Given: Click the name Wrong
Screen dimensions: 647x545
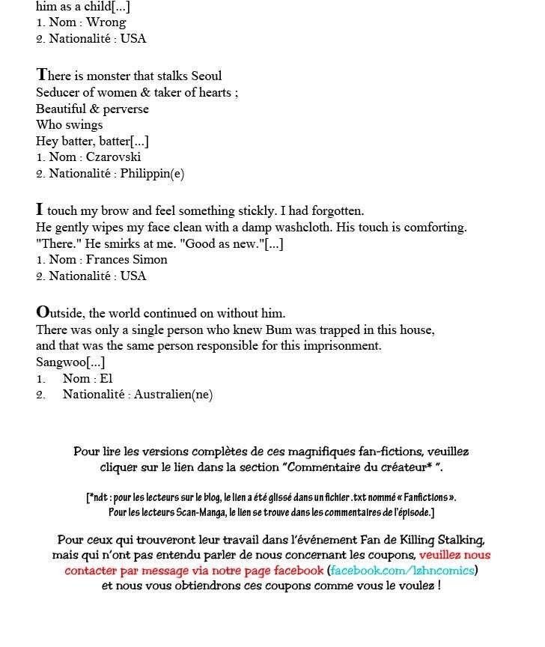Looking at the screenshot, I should [x=106, y=22].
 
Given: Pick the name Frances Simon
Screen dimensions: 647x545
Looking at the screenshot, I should [x=127, y=260].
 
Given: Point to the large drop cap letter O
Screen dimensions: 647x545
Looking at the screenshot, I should [x=43, y=312].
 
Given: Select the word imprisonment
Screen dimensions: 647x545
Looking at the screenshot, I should [x=344, y=346].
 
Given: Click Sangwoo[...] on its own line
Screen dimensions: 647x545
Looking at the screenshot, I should [x=70, y=362].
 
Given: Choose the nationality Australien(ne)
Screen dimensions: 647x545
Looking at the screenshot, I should [x=173, y=395].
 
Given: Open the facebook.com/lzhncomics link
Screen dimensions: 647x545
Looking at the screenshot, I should [x=403, y=571].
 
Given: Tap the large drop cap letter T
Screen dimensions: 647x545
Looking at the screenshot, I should [x=42, y=74].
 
